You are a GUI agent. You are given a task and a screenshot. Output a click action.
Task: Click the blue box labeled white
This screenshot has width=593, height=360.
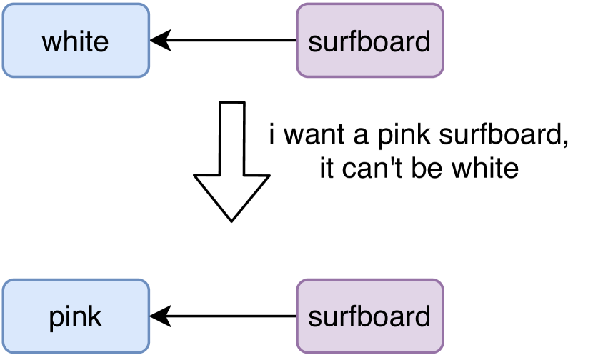point(75,40)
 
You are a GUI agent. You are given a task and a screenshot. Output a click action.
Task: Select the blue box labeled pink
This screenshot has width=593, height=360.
point(75,316)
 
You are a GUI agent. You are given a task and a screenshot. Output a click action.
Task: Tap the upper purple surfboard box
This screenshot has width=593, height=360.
point(370,40)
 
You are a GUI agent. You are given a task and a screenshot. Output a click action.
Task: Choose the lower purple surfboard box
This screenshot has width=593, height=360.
point(370,316)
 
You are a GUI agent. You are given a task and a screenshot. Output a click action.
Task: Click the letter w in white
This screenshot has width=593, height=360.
point(51,43)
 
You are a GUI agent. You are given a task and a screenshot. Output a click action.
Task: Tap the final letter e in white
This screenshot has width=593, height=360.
point(101,44)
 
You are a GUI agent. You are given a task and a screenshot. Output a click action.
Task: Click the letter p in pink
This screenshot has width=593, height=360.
point(56,319)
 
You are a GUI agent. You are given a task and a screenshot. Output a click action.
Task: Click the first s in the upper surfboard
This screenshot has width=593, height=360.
point(314,44)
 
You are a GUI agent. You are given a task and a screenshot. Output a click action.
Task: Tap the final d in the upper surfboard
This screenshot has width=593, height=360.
point(424,41)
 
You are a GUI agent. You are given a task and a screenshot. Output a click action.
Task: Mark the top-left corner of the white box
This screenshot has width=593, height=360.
point(4,5)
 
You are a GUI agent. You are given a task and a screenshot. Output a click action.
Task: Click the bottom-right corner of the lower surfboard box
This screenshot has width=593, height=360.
point(442,351)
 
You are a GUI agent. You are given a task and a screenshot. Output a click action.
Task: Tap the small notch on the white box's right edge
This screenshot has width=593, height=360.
point(150,41)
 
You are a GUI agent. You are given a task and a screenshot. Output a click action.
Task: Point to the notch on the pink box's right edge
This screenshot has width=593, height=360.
point(150,316)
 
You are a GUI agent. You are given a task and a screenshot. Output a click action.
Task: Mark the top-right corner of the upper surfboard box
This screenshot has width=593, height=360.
point(442,5)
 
